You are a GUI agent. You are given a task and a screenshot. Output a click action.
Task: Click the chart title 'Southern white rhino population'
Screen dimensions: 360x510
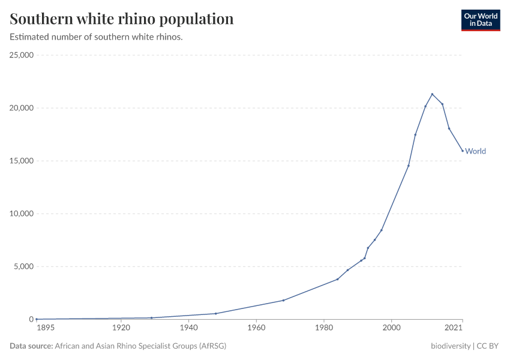122,19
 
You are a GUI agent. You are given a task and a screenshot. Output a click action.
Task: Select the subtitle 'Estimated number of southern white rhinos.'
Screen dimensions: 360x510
96,37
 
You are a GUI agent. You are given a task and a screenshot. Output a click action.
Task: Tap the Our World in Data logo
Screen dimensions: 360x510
480,20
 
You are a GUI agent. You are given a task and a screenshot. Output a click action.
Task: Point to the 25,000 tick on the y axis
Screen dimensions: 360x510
22,55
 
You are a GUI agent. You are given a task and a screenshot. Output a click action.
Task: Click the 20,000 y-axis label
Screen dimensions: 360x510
22,108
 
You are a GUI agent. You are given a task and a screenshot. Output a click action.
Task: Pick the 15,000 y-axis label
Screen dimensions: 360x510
22,161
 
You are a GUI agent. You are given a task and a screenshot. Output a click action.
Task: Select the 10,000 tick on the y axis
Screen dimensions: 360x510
22,214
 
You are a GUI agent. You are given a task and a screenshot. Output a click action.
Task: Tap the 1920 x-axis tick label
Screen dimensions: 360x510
121,328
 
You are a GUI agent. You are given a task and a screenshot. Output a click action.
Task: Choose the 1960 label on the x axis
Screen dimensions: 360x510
256,328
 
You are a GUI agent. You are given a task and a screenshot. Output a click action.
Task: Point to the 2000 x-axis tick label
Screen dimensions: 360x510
392,328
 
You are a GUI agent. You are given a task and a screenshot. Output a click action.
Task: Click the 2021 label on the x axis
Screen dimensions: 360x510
454,328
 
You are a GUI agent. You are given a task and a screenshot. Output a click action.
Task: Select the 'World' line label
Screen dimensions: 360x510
475,151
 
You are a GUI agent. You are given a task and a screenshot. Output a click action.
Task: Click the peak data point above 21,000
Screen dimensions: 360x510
432,94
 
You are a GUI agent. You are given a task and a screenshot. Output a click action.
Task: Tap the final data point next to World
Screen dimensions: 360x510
463,151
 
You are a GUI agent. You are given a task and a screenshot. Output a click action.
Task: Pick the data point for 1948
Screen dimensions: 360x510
215,313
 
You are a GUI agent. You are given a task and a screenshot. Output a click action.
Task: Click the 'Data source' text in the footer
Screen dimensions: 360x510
31,346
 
